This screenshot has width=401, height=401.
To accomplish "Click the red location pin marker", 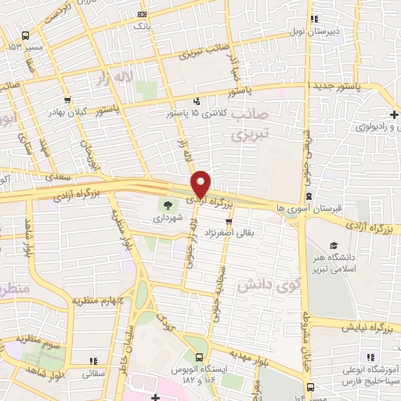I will [201, 183].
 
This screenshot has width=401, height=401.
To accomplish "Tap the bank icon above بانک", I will [141, 14].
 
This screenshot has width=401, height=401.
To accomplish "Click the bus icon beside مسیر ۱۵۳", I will [26, 36].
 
